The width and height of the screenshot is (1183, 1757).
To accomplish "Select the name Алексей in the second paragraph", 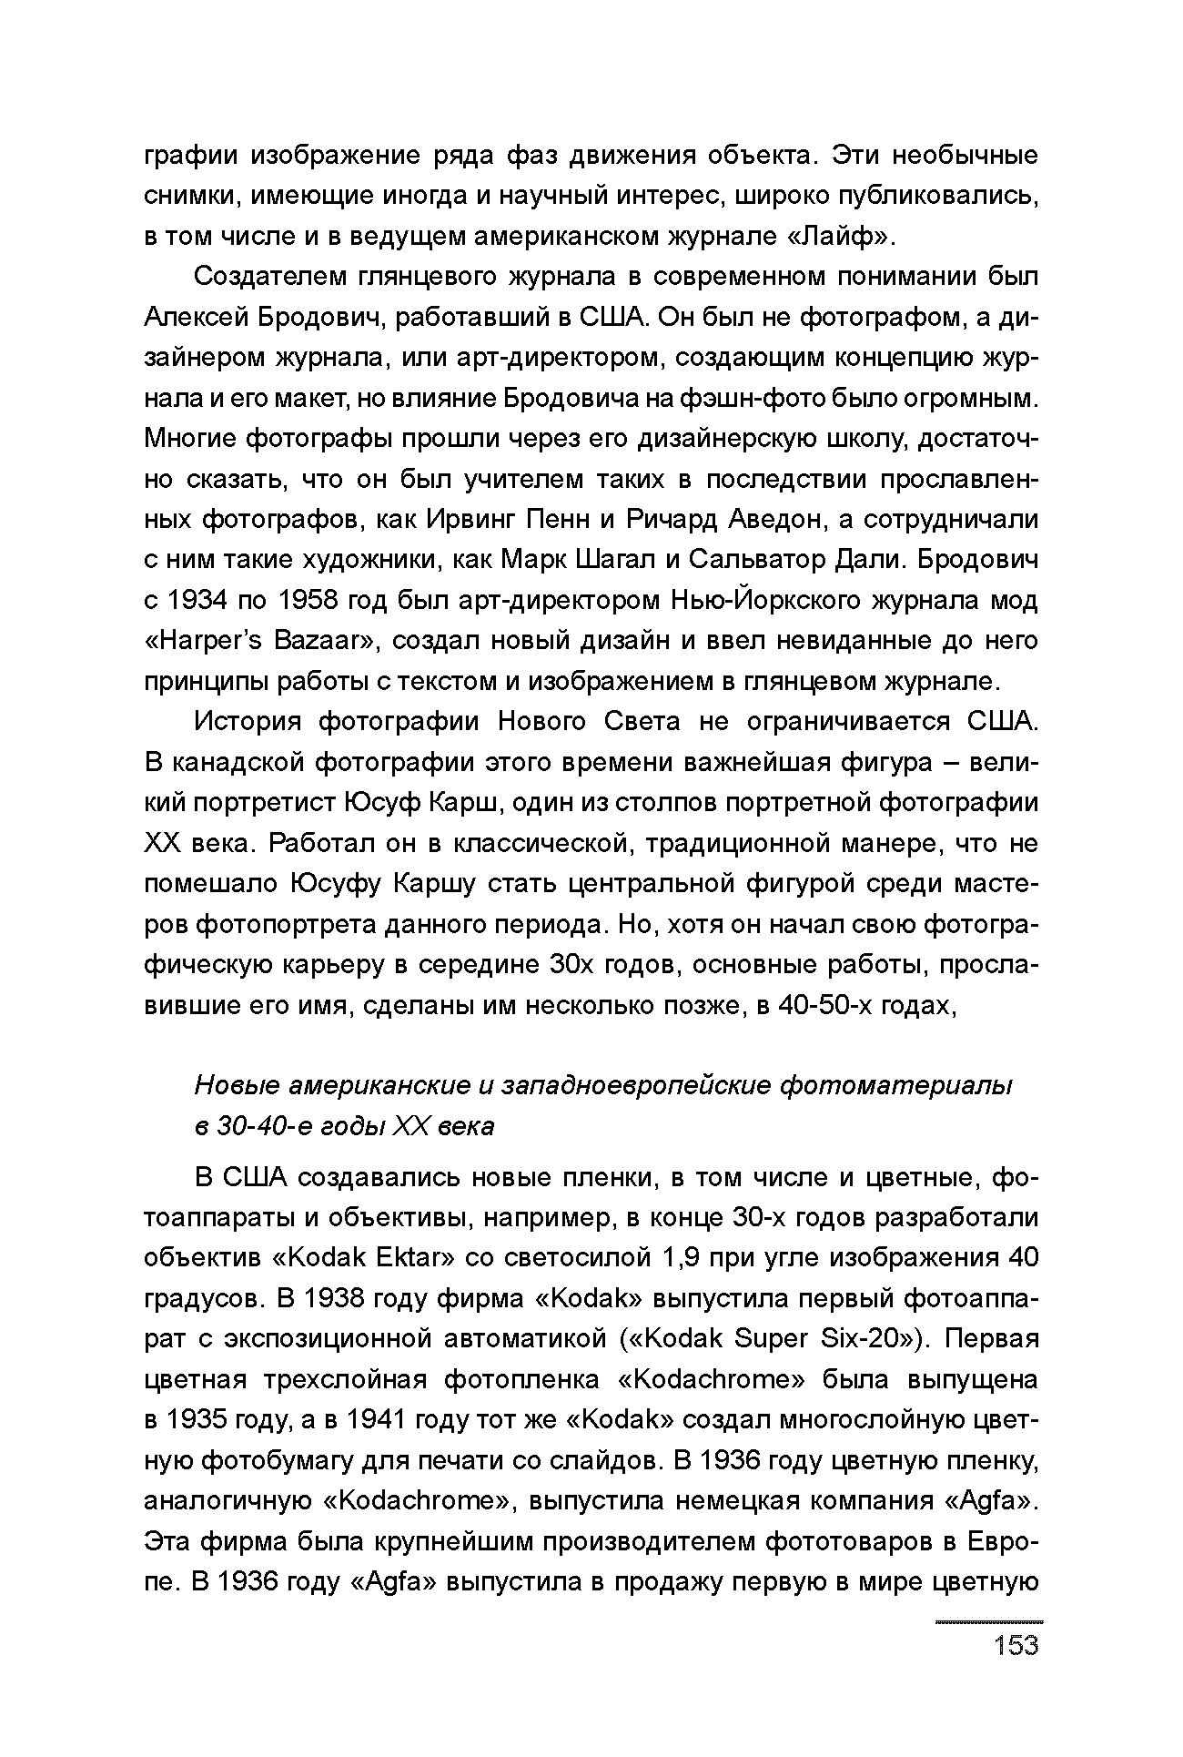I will tap(196, 317).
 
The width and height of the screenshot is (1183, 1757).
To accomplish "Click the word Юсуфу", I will tap(330, 883).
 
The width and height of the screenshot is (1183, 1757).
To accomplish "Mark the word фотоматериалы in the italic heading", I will tap(897, 1085).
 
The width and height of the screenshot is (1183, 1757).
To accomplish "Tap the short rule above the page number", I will tap(989, 1621).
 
